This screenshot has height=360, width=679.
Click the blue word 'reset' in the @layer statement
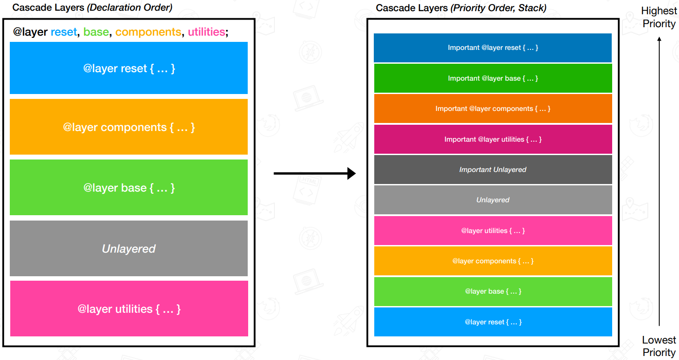point(64,32)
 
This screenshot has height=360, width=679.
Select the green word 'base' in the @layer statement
point(96,32)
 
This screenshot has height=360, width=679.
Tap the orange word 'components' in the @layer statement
point(148,32)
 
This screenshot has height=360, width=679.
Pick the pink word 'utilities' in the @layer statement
point(206,32)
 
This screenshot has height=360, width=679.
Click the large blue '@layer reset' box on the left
point(129,68)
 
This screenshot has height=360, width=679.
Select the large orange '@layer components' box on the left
point(129,127)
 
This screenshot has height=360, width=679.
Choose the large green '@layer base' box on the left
point(129,188)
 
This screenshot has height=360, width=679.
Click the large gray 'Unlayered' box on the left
point(129,249)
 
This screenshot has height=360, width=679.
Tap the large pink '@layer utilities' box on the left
point(129,309)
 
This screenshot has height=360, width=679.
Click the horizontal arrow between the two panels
point(314,173)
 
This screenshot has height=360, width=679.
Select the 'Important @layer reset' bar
point(493,48)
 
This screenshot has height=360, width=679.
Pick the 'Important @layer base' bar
point(493,78)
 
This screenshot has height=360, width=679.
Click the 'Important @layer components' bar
point(493,109)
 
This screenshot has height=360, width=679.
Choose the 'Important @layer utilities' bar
point(493,139)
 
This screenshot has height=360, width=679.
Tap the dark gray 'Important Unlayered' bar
point(493,170)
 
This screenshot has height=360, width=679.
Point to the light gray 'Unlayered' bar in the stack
point(493,200)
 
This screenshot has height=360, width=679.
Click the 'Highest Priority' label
point(659,17)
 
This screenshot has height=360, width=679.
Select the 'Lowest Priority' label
point(659,346)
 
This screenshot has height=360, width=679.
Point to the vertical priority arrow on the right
point(659,183)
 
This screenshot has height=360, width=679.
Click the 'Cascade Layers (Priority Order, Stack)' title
point(461,8)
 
